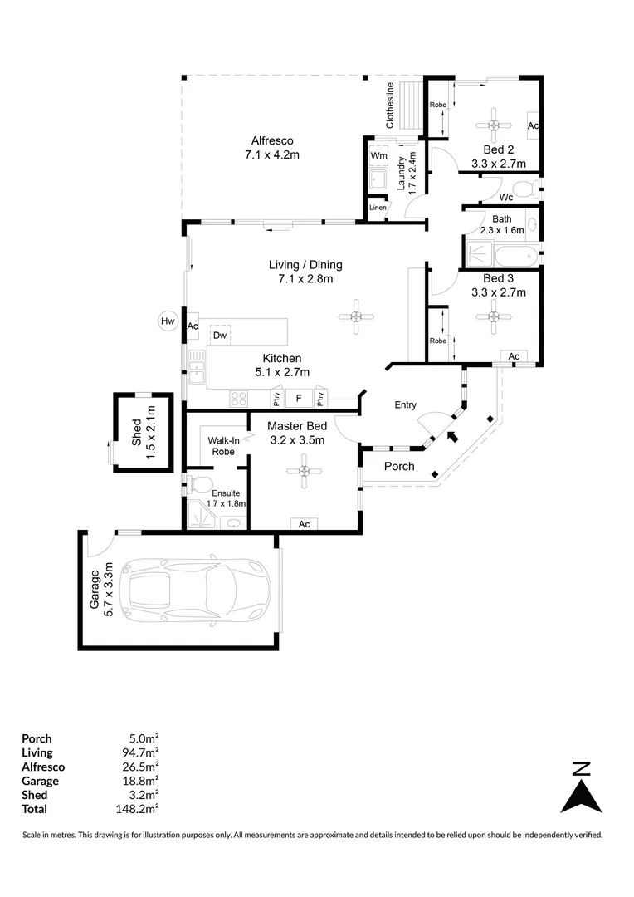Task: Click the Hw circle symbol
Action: tap(168, 321)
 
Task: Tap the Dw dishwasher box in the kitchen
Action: tap(220, 336)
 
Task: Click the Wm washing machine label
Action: tap(378, 156)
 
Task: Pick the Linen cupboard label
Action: tap(378, 208)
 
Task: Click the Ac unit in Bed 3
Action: tap(514, 357)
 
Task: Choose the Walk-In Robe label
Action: tap(221, 446)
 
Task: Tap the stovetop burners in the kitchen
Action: tap(241, 398)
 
